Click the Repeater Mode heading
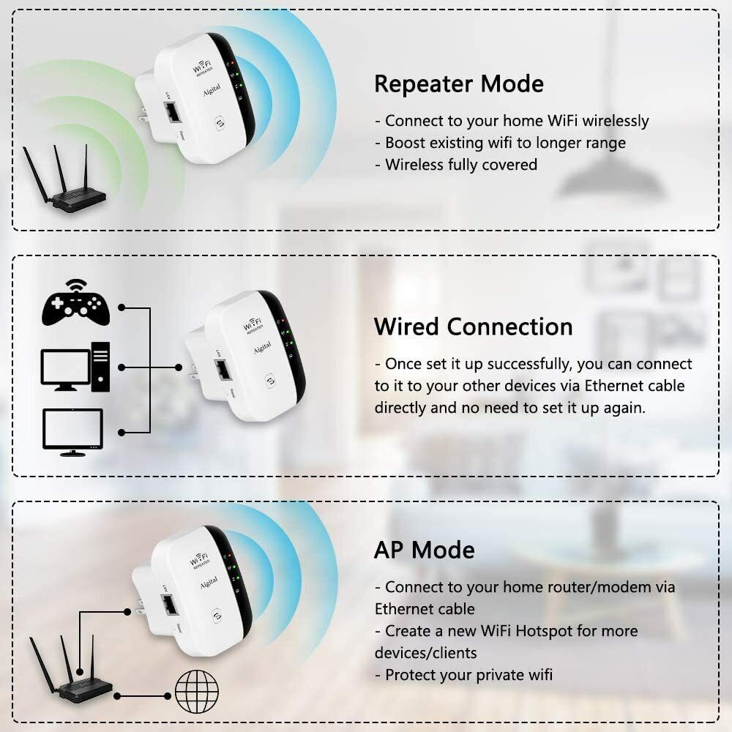tap(458, 83)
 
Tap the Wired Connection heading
tap(473, 326)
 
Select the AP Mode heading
tap(424, 549)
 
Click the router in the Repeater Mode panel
tap(64, 183)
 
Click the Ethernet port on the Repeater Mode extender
tap(172, 113)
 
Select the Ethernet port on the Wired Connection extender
tap(223, 370)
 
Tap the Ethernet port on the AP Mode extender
tap(171, 605)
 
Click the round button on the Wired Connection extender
tap(270, 381)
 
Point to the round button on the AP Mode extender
tap(217, 617)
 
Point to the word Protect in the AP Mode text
tap(411, 674)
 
